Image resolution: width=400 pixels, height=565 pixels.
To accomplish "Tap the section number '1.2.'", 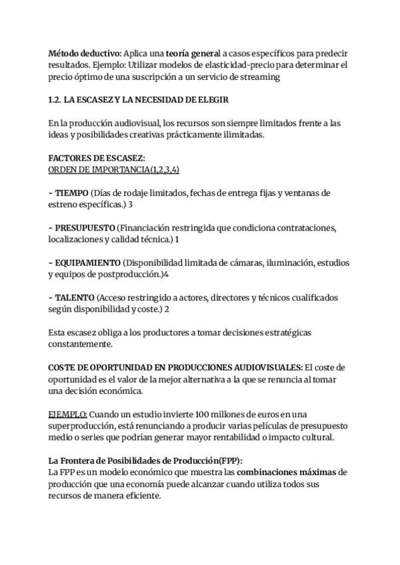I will coord(57,100).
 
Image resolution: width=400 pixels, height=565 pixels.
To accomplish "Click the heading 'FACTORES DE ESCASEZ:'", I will coord(97,159).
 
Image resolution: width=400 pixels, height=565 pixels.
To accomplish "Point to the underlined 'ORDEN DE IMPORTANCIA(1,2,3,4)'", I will coord(114,170).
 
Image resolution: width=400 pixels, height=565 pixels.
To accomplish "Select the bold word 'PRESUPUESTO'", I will coord(85,228).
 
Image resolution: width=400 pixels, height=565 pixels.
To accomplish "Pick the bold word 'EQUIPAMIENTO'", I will coord(87,263).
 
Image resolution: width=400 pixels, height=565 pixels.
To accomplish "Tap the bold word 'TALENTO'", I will coord(74,297).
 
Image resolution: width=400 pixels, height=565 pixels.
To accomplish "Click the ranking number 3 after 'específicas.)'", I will coord(131,205).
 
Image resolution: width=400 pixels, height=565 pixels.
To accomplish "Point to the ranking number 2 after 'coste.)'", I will coord(167,308).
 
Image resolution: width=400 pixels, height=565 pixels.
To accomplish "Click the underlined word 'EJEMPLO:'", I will coord(68,414).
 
